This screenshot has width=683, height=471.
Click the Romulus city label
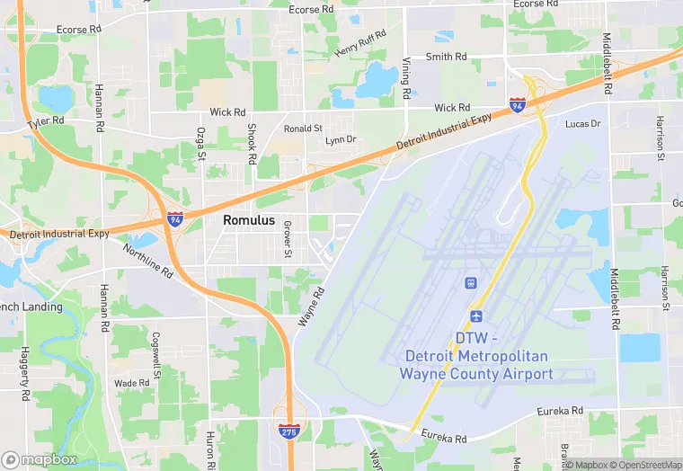click(x=249, y=219)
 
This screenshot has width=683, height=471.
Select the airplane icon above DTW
click(x=476, y=317)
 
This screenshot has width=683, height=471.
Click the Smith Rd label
click(x=447, y=57)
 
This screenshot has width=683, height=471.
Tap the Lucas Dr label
click(x=582, y=123)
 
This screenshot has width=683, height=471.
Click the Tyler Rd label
click(x=46, y=121)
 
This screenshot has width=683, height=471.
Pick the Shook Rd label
click(x=253, y=144)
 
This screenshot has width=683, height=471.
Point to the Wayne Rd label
click(x=310, y=307)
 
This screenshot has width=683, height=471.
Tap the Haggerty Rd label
click(x=25, y=372)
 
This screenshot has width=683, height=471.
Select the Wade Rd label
click(x=131, y=383)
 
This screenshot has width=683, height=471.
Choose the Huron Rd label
click(x=212, y=448)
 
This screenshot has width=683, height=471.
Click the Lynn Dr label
click(x=341, y=139)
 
